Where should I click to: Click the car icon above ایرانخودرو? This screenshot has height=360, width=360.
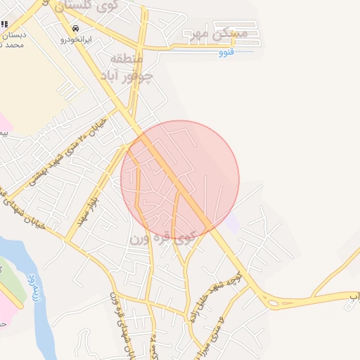coord(74,29)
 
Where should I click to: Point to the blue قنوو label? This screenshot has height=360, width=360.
coord(226,53)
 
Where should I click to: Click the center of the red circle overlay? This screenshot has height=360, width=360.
coord(180,180)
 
